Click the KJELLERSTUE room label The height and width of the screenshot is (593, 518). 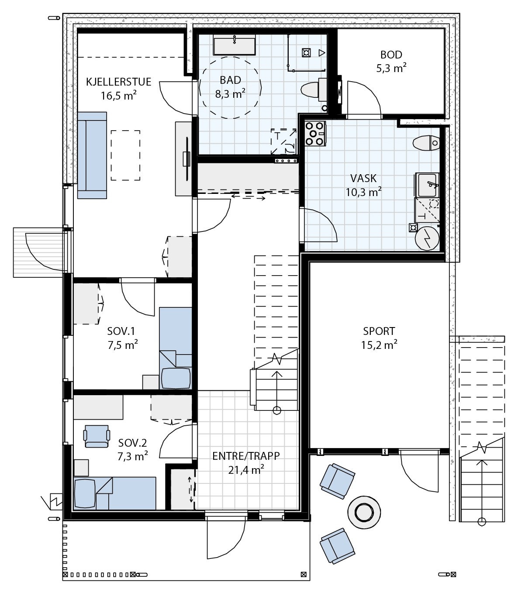click(119, 82)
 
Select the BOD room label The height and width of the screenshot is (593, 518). click(391, 55)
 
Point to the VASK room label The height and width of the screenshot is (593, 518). click(363, 179)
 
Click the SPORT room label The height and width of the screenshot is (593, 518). click(379, 331)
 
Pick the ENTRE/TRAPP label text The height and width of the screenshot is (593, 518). click(246, 456)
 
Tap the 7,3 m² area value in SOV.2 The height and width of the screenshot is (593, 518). click(133, 457)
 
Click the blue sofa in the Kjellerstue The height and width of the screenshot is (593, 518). click(92, 155)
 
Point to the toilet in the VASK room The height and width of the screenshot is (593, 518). click(426, 143)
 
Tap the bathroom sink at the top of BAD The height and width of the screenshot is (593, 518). click(235, 45)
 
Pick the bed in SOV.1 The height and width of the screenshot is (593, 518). click(176, 347)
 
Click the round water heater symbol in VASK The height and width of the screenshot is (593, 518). click(426, 238)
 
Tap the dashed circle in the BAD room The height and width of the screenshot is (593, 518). click(230, 87)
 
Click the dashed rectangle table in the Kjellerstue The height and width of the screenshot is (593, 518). click(125, 155)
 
